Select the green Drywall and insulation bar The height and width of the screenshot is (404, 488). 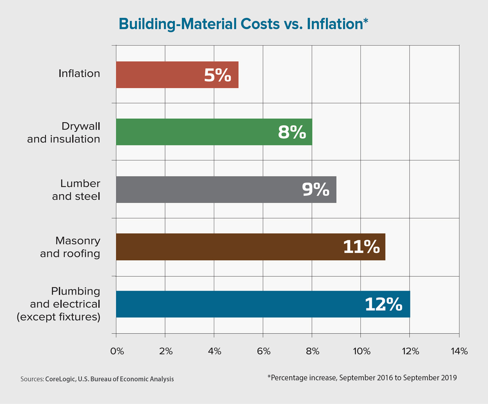195,132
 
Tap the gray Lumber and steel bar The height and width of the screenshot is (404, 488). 203,189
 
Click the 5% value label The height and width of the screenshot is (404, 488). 218,75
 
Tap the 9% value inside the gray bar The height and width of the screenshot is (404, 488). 316,190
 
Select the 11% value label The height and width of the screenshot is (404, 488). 362,247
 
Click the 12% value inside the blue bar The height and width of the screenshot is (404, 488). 383,304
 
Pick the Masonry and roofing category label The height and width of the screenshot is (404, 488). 70,247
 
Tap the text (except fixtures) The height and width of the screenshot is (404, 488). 59,317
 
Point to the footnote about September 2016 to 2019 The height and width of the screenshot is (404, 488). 362,377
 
